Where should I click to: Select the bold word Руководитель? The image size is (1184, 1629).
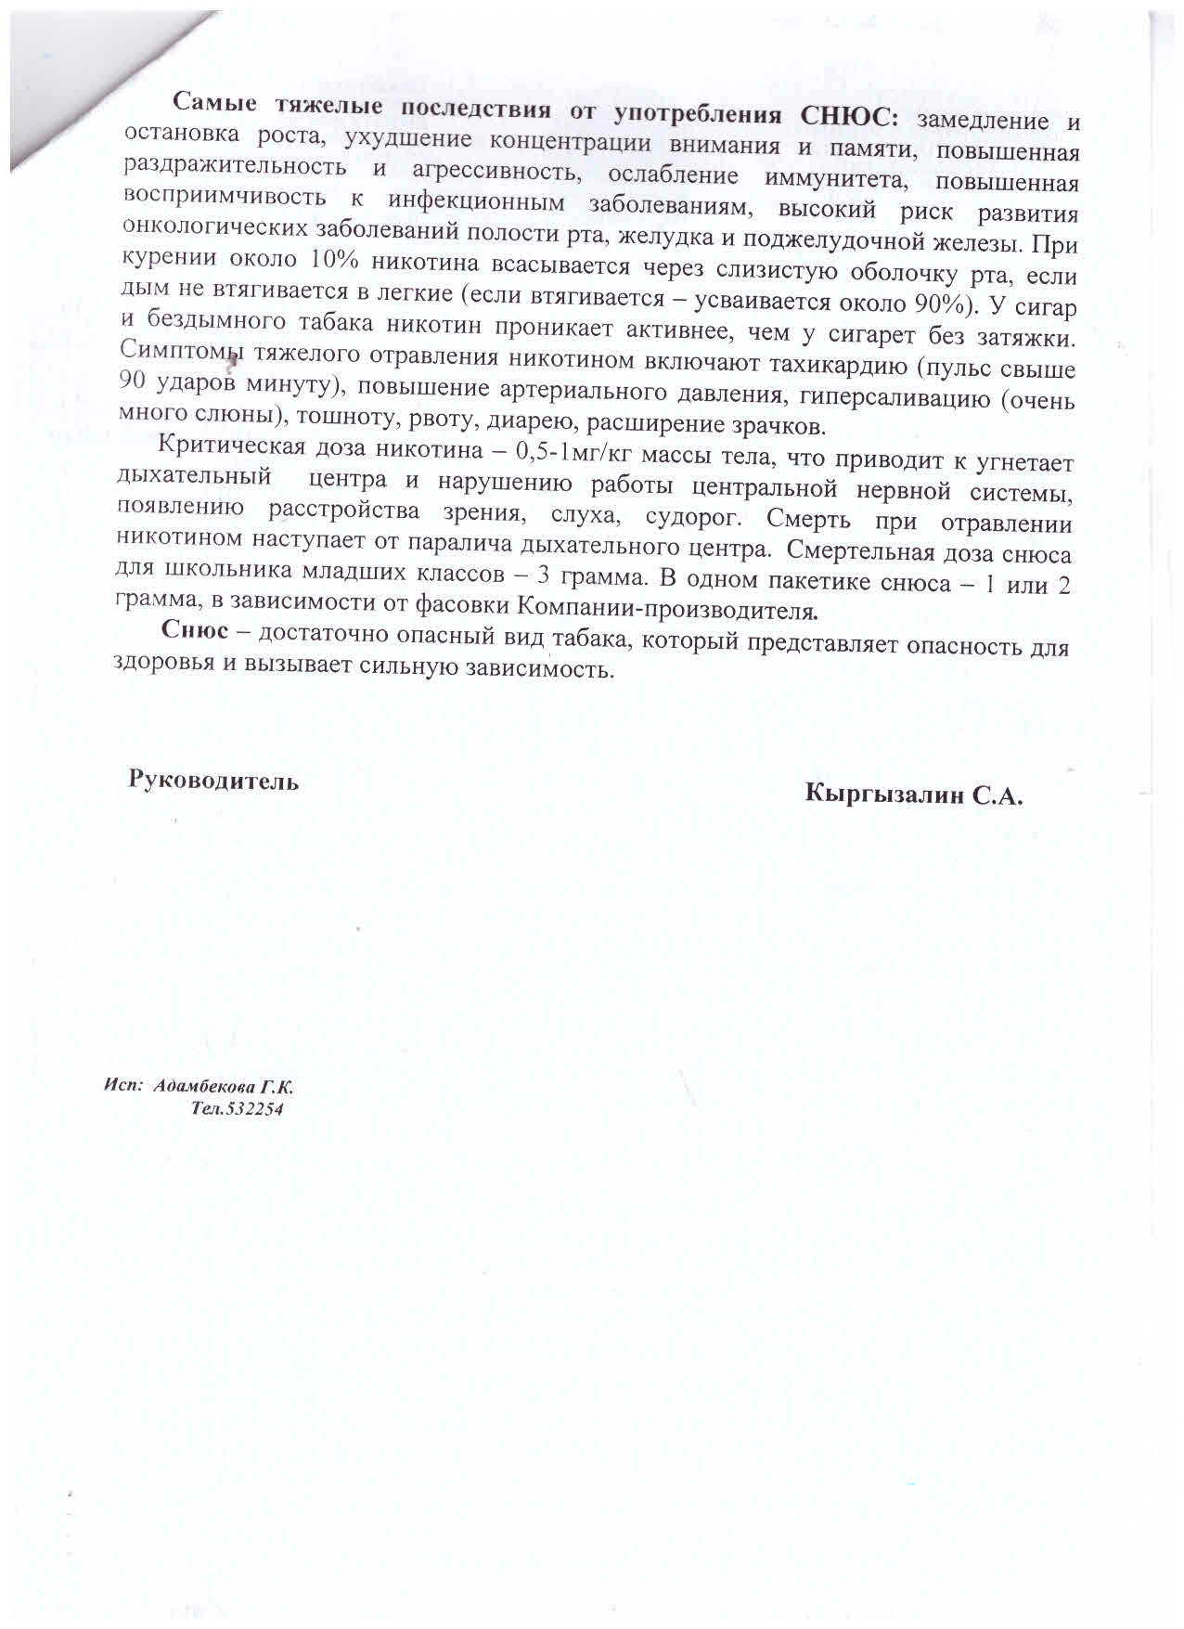tap(213, 780)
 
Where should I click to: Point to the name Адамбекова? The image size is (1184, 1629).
tap(203, 1086)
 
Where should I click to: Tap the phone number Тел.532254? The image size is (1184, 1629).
tap(237, 1109)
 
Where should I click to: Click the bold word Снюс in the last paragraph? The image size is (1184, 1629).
tap(194, 629)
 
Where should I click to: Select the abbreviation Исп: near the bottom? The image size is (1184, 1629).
tap(122, 1084)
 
